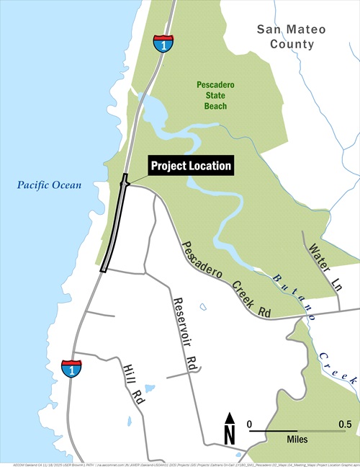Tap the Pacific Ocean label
50,185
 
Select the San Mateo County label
292,37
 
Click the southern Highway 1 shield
71,368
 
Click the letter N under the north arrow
230,435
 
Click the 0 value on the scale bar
250,423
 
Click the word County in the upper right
292,45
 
